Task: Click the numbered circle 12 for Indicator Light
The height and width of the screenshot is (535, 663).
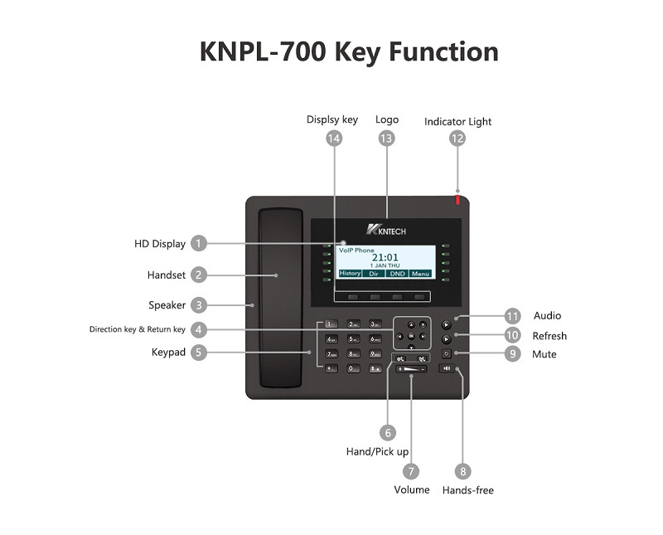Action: click(457, 139)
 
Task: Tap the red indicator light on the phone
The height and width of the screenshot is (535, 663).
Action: click(457, 200)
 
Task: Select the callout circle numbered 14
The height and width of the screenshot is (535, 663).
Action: click(333, 139)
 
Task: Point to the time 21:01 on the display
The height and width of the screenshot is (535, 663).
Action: click(385, 257)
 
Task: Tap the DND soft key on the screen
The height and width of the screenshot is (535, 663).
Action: click(397, 273)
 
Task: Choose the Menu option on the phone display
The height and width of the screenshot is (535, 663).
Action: click(420, 273)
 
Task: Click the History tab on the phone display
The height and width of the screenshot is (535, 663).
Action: click(350, 273)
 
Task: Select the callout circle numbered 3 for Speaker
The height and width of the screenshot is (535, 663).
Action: click(198, 305)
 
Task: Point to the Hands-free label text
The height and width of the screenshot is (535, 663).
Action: click(467, 490)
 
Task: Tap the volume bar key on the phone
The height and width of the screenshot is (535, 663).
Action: click(411, 368)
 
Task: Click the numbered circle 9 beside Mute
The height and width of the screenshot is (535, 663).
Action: click(513, 354)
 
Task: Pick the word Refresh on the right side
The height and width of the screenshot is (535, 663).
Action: click(549, 336)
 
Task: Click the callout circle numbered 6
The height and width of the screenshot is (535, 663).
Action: click(387, 432)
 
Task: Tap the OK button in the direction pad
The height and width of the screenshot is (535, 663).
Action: click(411, 336)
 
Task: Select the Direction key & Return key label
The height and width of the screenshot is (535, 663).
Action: click(138, 329)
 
